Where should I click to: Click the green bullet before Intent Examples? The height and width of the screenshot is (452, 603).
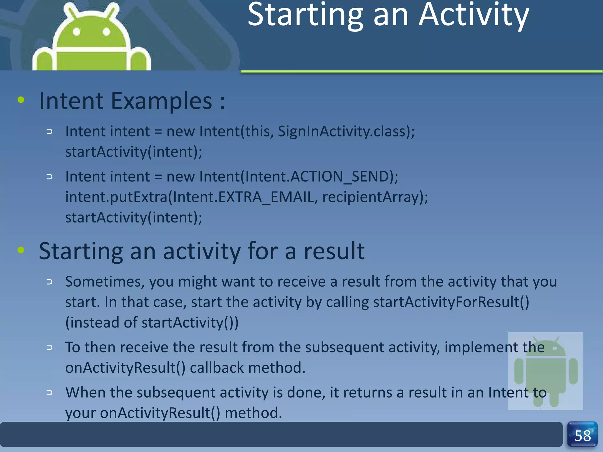(21, 100)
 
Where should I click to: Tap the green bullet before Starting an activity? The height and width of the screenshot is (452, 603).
(21, 250)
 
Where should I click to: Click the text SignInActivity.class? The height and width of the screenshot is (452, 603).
(342, 131)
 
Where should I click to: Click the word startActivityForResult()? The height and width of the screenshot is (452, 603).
(451, 302)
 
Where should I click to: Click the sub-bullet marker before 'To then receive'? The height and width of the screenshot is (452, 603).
(49, 348)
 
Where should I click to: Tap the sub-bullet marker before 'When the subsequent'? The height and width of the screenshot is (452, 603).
(49, 393)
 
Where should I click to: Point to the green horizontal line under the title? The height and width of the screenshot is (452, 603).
(421, 72)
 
